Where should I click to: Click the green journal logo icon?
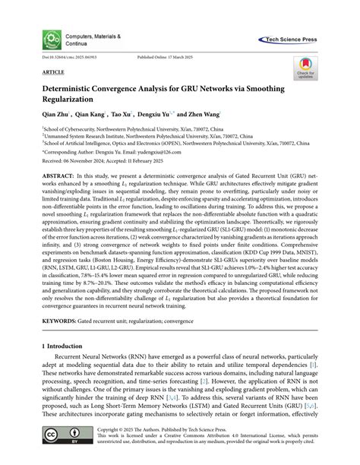point(52,40)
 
